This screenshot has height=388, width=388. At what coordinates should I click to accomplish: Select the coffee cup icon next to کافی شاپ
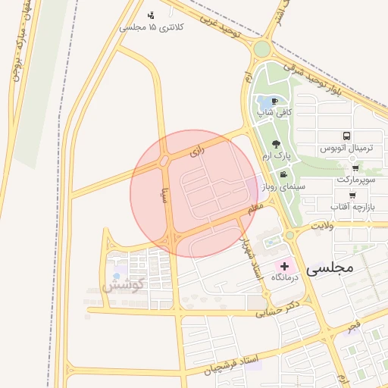point(274,101)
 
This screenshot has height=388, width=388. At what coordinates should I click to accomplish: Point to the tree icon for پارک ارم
point(275,144)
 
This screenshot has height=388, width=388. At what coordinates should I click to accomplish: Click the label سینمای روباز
point(281,185)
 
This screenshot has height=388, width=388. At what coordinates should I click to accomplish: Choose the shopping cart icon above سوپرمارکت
point(355,168)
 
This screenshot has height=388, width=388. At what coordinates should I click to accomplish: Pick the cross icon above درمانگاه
point(285,265)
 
